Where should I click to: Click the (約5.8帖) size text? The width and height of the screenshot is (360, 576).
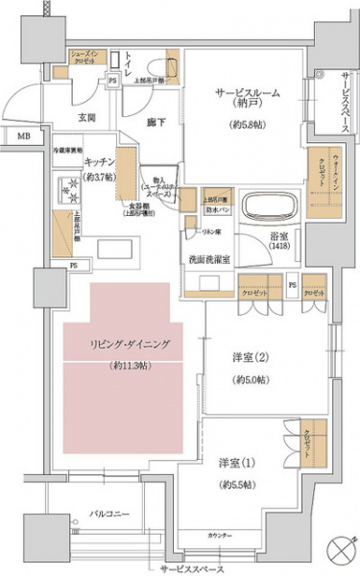point(248,126)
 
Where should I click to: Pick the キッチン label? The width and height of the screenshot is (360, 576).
point(101,163)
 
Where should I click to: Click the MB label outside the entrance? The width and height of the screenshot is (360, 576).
point(21,138)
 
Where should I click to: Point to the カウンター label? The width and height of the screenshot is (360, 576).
point(220,534)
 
